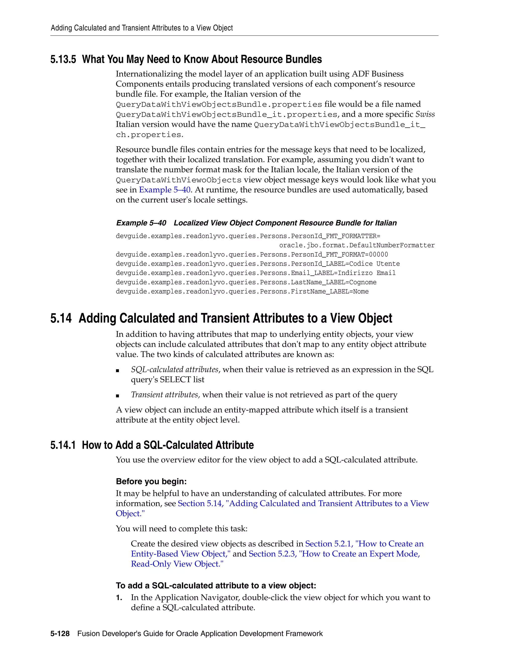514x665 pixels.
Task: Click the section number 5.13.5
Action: (x=63, y=59)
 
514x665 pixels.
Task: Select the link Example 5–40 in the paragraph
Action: (x=164, y=190)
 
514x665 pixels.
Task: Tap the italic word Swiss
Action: (x=425, y=114)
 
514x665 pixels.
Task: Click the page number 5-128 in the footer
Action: (x=60, y=634)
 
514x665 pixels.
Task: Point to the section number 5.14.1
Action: (x=63, y=445)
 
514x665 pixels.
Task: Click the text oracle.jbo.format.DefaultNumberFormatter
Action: (x=357, y=245)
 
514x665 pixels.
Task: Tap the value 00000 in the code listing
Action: (x=378, y=254)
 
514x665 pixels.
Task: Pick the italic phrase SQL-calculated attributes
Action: (x=175, y=370)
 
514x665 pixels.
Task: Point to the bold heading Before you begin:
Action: (x=151, y=481)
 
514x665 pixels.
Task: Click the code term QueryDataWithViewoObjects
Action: (x=178, y=180)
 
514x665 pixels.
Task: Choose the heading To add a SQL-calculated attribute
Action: (x=216, y=585)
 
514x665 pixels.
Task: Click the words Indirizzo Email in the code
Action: (x=367, y=273)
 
